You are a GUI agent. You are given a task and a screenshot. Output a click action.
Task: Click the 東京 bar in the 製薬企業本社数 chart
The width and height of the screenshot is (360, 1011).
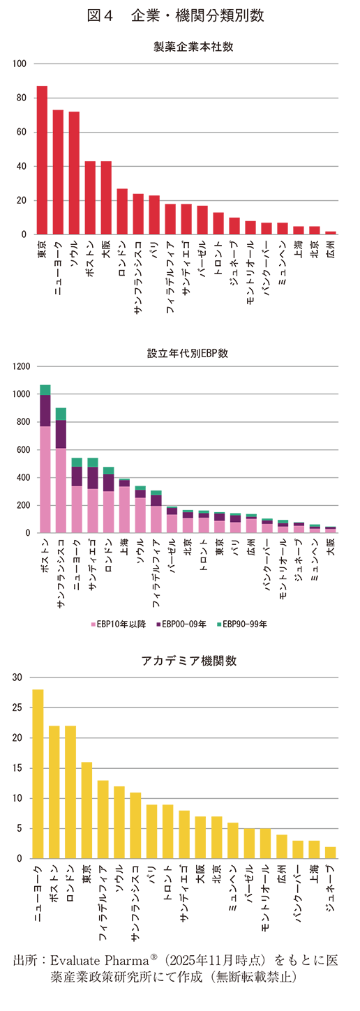click(x=42, y=160)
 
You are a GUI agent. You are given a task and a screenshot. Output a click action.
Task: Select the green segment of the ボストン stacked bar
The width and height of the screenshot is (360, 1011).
click(x=45, y=390)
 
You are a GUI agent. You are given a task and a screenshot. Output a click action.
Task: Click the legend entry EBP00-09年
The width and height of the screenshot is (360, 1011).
click(x=183, y=624)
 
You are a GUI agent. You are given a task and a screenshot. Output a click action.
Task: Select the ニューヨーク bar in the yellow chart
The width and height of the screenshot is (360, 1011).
click(x=38, y=774)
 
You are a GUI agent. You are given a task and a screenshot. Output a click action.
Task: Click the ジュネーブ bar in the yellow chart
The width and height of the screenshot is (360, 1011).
click(x=331, y=853)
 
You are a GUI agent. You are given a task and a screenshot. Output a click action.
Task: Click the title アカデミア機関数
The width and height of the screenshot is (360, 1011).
click(x=185, y=661)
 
